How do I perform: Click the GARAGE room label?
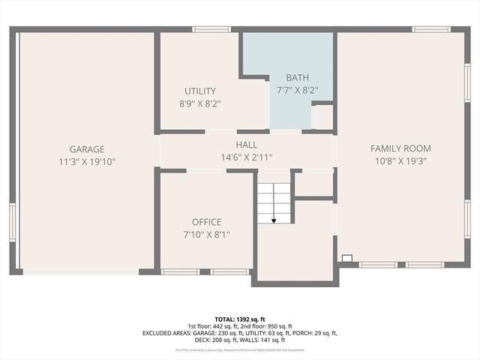[87, 149]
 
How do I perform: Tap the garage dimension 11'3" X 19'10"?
[87, 161]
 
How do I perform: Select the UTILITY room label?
[199, 91]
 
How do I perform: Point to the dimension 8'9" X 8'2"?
[199, 103]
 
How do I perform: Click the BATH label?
[298, 77]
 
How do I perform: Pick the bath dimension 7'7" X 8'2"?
[298, 90]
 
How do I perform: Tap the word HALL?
[246, 145]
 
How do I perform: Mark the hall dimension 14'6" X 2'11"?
[246, 157]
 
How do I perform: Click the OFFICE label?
[206, 222]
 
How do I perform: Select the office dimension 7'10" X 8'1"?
[206, 234]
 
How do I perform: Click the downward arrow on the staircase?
[274, 220]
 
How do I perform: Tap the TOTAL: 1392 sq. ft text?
[240, 319]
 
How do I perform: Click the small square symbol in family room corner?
[346, 258]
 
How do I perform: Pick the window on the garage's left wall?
[12, 221]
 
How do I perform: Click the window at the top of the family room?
[431, 29]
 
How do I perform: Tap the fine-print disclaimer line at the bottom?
[240, 349]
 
